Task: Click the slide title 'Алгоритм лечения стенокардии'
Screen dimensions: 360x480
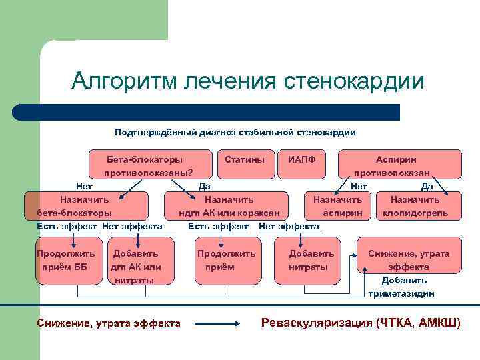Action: (247, 81)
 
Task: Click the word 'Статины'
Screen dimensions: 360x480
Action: (240, 160)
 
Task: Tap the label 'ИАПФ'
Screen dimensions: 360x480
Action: (301, 160)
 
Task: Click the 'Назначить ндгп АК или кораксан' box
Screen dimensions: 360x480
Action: (229, 206)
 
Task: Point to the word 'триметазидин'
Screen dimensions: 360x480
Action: (401, 293)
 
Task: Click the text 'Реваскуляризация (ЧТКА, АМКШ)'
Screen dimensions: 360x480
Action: (361, 323)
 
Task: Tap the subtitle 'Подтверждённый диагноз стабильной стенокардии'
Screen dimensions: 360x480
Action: (235, 132)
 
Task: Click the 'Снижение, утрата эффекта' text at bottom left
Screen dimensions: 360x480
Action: (109, 323)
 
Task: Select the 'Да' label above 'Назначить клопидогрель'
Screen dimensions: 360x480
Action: (427, 187)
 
